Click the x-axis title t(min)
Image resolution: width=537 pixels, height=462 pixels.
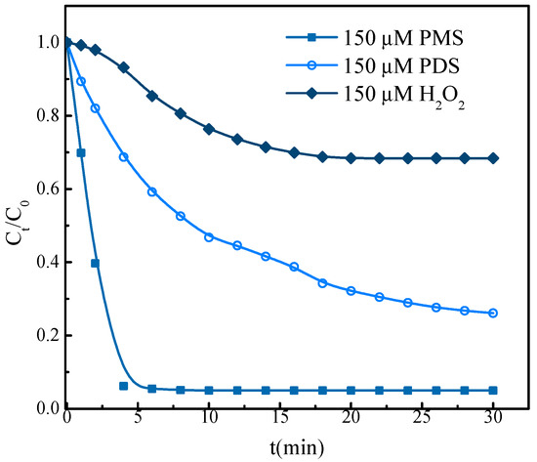pos(279,448)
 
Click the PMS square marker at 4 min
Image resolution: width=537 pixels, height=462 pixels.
pos(123,386)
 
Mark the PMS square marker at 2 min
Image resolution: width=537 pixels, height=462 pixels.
pos(95,263)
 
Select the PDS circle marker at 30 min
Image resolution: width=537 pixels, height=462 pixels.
pos(493,313)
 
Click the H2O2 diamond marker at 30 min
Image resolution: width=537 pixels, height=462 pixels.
pos(493,158)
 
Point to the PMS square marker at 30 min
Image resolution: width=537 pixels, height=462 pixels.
pos(493,390)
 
